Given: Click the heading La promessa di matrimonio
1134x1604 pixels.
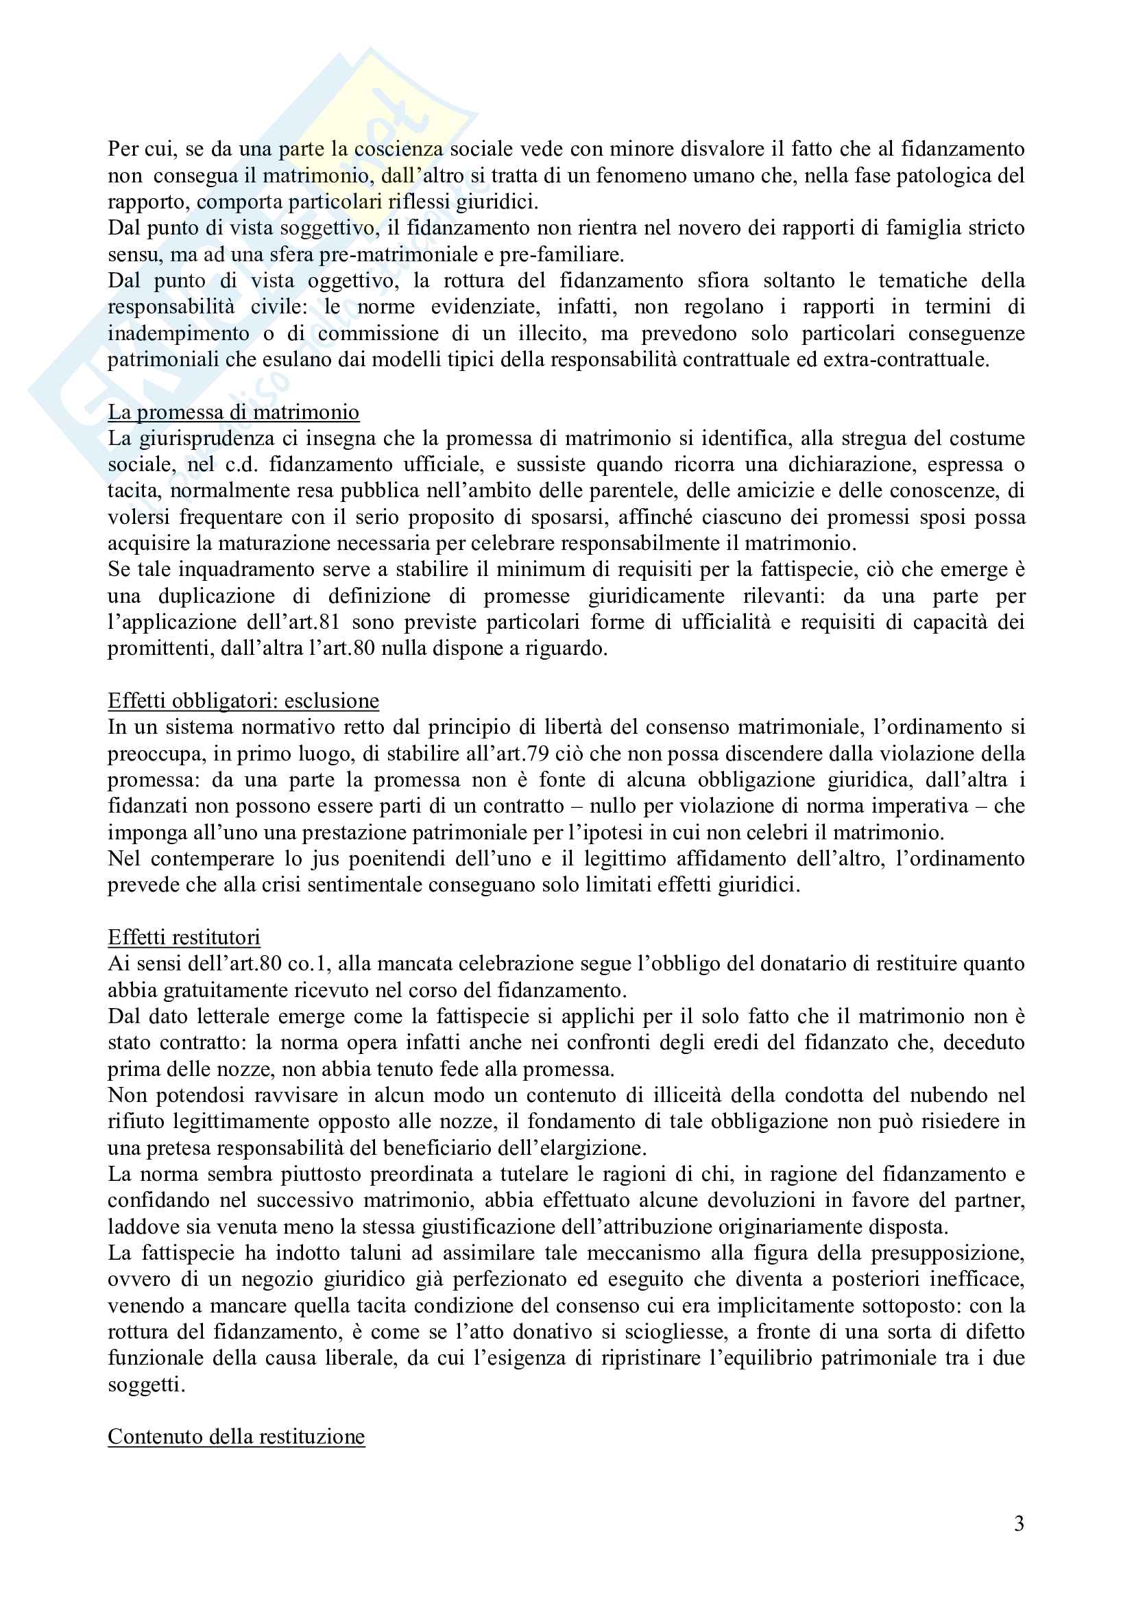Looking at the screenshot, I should (233, 412).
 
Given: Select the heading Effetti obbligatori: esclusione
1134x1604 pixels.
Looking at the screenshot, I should (243, 701).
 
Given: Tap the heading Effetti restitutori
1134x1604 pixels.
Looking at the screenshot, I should (184, 937).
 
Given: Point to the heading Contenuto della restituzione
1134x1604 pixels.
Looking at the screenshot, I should (236, 1437).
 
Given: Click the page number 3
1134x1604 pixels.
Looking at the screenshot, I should (1019, 1524).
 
